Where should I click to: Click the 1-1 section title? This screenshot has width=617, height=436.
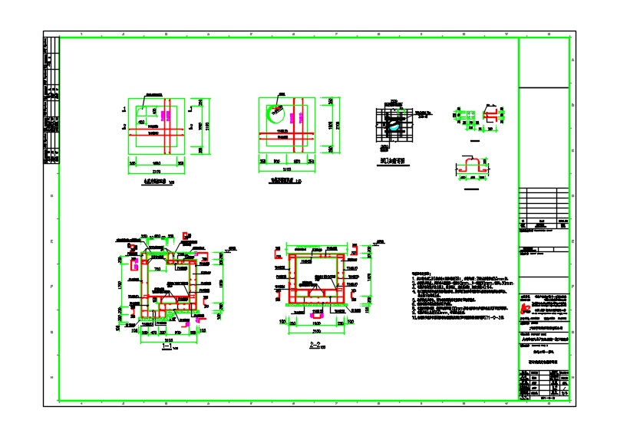tap(167, 346)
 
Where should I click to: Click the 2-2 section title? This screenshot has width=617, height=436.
tap(314, 345)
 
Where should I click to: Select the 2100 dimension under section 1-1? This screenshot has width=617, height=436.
tap(167, 339)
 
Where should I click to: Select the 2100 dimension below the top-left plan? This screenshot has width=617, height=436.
tap(156, 171)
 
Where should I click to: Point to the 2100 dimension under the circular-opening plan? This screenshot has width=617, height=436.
tap(288, 169)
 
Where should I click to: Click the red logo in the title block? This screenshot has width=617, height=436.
tap(528, 299)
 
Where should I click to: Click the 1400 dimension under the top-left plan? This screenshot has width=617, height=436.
tap(156, 163)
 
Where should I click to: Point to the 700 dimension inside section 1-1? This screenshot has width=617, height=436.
tap(157, 269)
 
